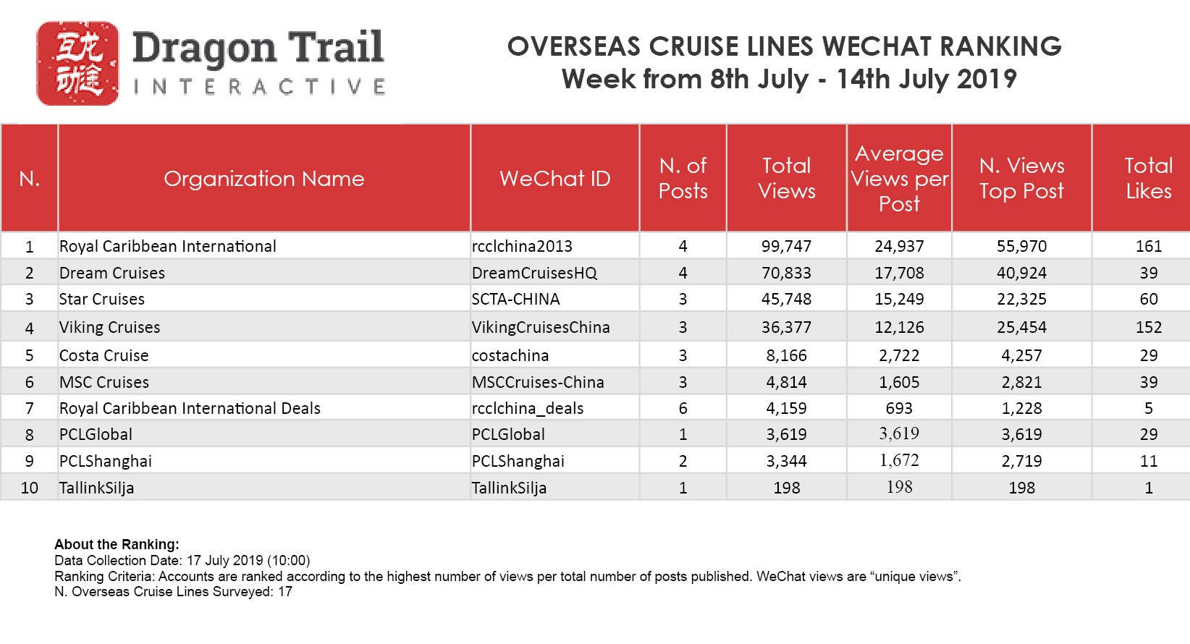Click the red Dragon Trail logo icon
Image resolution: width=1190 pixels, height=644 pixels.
pyautogui.click(x=77, y=64)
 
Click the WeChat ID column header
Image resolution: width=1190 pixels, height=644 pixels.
pyautogui.click(x=554, y=179)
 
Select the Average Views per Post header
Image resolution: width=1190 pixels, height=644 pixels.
pyautogui.click(x=899, y=179)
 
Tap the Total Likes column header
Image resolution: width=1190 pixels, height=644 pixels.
pyautogui.click(x=1148, y=179)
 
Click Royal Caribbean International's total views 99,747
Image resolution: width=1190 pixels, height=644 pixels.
pyautogui.click(x=786, y=247)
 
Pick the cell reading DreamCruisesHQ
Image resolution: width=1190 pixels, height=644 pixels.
pyautogui.click(x=534, y=274)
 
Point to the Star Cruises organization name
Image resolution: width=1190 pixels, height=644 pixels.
pyautogui.click(x=102, y=300)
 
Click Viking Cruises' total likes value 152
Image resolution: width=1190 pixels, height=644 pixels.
pyautogui.click(x=1148, y=328)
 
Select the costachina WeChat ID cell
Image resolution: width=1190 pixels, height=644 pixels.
pyautogui.click(x=510, y=356)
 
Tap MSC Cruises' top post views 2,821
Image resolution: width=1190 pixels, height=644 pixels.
pyautogui.click(x=1021, y=383)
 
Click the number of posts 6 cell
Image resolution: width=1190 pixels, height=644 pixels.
pyautogui.click(x=683, y=409)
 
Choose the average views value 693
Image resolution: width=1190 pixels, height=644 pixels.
pyautogui.click(x=899, y=409)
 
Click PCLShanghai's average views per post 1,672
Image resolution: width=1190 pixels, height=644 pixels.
pyautogui.click(x=899, y=461)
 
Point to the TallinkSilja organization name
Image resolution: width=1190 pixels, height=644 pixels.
pyautogui.click(x=97, y=488)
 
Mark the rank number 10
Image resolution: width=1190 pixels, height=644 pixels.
pyautogui.click(x=30, y=488)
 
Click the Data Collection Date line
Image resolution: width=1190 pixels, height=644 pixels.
pyautogui.click(x=182, y=561)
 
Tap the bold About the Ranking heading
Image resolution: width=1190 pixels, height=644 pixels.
pyautogui.click(x=117, y=545)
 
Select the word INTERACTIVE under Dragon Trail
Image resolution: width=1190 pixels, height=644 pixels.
pyautogui.click(x=259, y=88)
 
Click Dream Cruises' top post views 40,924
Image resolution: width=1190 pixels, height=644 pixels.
pyautogui.click(x=1021, y=274)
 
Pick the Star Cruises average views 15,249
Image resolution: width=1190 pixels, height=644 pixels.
pyautogui.click(x=899, y=300)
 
